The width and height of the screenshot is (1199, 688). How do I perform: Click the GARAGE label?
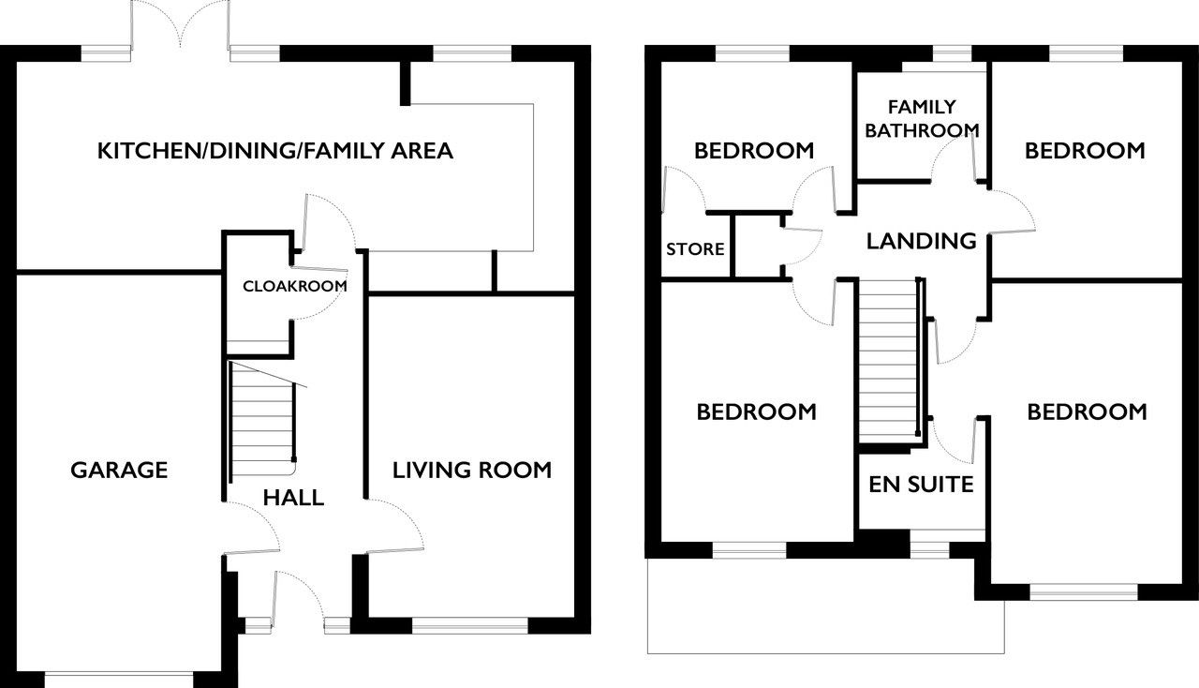[x=119, y=470]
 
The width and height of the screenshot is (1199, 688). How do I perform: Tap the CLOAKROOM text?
[x=294, y=286]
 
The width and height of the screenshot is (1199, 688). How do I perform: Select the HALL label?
[x=293, y=498]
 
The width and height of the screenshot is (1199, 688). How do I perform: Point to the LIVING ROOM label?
[x=471, y=470]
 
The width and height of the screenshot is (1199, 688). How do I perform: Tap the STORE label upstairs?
[x=695, y=248]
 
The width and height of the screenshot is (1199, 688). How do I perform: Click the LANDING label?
[x=921, y=241]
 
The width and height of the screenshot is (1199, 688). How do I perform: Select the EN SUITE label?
[x=921, y=485]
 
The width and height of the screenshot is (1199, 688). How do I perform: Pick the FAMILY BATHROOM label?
[x=922, y=118]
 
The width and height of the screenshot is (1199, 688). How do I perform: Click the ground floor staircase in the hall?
[x=262, y=422]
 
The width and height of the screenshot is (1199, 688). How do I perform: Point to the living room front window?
[x=470, y=625]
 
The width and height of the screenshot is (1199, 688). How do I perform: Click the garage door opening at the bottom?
[x=119, y=679]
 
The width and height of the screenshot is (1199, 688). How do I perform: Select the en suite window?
[x=930, y=550]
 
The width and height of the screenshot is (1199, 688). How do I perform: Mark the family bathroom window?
[x=953, y=53]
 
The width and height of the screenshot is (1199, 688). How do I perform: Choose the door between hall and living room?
[x=395, y=526]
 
